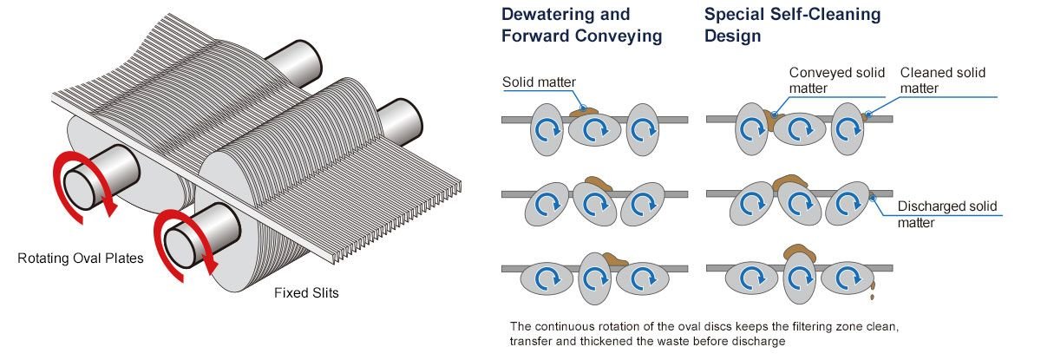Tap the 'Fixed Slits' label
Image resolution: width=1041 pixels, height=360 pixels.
click(x=306, y=293)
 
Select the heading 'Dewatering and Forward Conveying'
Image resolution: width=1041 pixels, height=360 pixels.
click(x=581, y=25)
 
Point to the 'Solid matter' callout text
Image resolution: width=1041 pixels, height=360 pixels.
click(x=539, y=82)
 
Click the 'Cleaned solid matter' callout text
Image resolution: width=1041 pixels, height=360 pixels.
click(x=942, y=80)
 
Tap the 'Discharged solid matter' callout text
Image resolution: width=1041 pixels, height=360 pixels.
click(x=946, y=214)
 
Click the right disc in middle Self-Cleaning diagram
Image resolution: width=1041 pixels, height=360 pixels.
click(x=844, y=206)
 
